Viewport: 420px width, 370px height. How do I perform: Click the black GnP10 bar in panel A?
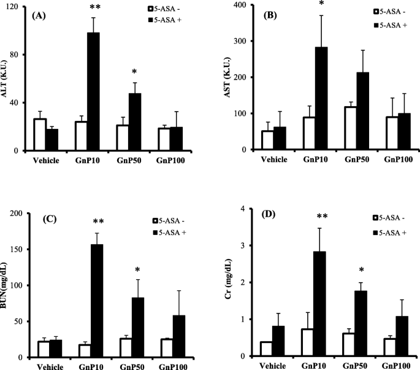pos(93,92)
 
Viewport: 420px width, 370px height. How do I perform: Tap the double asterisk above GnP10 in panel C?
pos(94,222)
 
